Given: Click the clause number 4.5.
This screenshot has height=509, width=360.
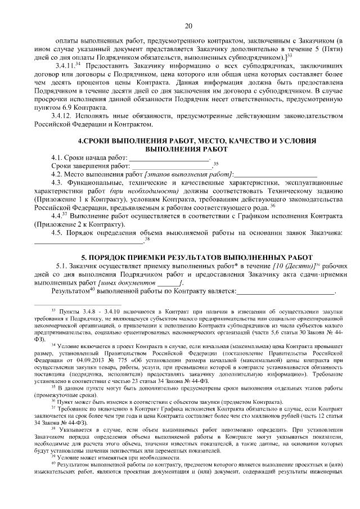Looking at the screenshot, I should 57,233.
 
